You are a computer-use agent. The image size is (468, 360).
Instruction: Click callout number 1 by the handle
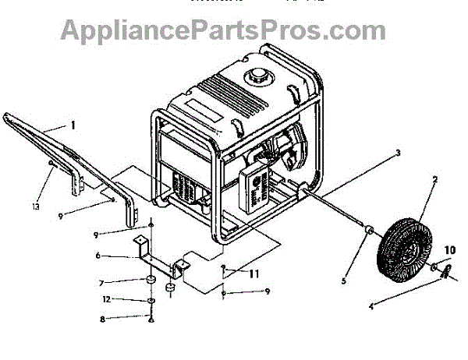coord(73,125)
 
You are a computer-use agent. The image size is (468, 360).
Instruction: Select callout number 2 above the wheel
coord(434,179)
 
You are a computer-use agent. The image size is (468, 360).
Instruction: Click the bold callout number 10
coord(449,250)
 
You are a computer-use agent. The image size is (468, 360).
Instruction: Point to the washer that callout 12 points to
coord(150,300)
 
